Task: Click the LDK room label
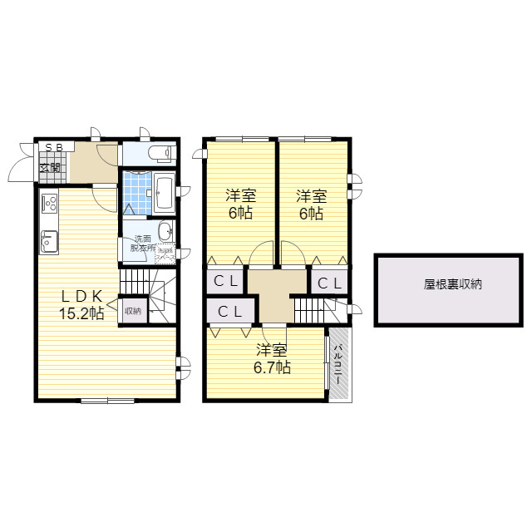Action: (81, 296)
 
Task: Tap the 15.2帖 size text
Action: (81, 313)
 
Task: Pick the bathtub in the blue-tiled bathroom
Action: (163, 194)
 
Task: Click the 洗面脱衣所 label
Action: (140, 244)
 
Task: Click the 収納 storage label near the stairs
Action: (132, 312)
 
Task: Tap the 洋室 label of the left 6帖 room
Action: (241, 196)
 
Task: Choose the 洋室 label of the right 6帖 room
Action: (312, 196)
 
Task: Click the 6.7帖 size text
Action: (273, 367)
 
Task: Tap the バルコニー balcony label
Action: (339, 364)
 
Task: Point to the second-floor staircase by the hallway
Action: (313, 311)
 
